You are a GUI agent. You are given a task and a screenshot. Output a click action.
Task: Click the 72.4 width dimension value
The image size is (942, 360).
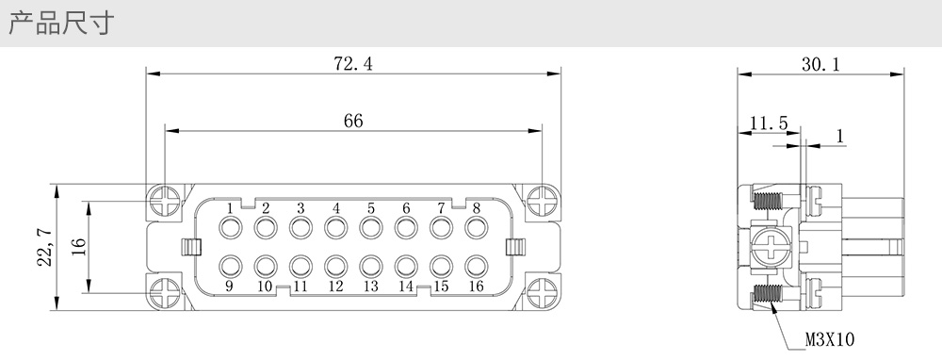(352, 63)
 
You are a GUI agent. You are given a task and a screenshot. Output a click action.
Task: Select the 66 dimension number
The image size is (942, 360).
(353, 121)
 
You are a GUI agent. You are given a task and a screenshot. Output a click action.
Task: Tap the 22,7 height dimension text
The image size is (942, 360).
(46, 247)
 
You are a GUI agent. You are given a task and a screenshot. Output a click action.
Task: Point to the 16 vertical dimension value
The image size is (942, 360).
(79, 246)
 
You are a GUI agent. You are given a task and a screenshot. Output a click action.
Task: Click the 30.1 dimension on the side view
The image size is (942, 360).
(820, 64)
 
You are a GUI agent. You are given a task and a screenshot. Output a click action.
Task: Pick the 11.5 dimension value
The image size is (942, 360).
(769, 123)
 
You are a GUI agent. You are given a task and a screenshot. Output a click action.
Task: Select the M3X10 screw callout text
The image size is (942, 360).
(829, 340)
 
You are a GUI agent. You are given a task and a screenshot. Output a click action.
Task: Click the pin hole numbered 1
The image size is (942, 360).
(231, 228)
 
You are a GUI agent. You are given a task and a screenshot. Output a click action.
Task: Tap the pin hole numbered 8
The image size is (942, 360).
(477, 228)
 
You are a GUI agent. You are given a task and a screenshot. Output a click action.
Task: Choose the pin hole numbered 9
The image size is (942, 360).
(231, 266)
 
